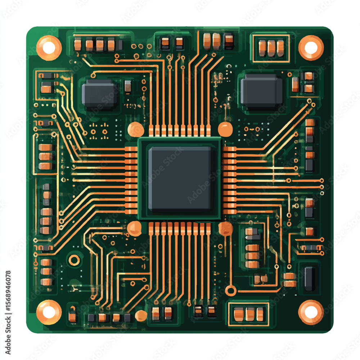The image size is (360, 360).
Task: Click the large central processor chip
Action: (180, 179)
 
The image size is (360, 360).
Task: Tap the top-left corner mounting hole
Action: (49, 48)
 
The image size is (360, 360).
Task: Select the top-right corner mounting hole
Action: (311, 48)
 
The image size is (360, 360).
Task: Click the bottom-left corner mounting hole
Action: (49, 312)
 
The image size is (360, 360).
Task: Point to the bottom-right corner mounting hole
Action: (311, 312)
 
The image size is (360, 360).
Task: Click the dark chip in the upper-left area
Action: (100, 94)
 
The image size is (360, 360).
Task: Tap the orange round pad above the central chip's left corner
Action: (136, 129)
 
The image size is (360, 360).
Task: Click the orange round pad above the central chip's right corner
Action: (225, 129)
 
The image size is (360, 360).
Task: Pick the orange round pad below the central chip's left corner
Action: (134, 229)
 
